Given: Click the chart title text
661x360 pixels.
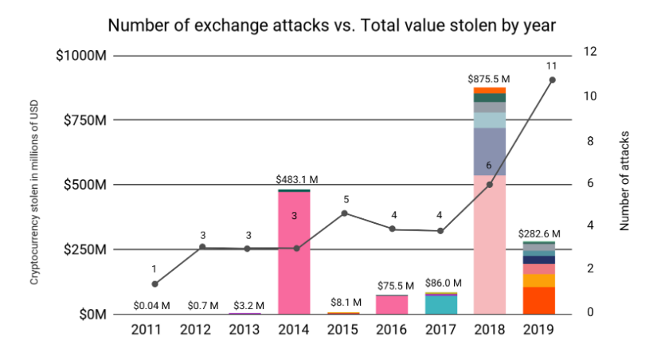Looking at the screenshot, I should click(331, 25).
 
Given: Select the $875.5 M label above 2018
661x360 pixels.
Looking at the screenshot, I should click(488, 79).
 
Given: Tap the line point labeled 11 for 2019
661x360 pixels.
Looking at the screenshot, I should click(553, 80).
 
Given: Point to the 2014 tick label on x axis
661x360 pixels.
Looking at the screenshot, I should click(294, 328).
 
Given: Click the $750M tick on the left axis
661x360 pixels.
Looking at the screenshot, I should click(83, 120).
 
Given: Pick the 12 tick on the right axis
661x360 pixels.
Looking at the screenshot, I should click(589, 53).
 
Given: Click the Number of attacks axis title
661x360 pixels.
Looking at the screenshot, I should click(624, 181).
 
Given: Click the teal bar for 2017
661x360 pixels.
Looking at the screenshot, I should click(441, 305).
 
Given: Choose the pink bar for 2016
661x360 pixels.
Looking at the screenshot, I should click(392, 305).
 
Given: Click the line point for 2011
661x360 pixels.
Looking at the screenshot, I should click(154, 284).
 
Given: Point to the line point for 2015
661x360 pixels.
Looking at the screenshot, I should click(344, 213).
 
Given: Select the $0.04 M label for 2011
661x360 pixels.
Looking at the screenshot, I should click(153, 304).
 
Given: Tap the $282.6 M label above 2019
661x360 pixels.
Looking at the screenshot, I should click(539, 233).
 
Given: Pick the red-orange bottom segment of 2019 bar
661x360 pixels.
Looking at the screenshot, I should click(539, 300).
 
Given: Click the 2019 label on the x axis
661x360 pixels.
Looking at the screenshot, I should click(539, 328).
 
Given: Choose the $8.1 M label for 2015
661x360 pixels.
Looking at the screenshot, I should click(346, 303).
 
